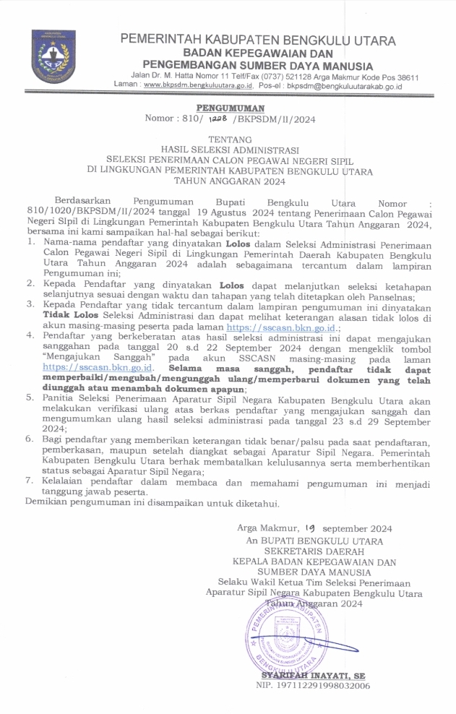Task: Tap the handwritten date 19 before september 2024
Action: pos(310,528)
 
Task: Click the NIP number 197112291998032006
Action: pos(313,687)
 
